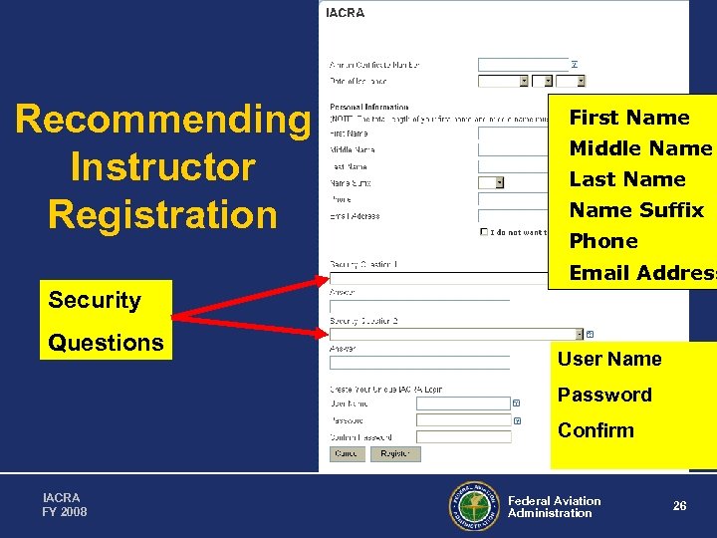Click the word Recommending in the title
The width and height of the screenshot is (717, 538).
point(162,120)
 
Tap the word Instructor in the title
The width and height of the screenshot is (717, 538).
point(162,166)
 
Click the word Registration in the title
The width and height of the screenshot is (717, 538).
point(162,214)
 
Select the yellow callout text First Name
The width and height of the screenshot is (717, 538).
point(629,118)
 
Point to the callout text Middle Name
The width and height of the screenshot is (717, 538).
point(640,148)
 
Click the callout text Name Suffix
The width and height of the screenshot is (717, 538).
point(636,210)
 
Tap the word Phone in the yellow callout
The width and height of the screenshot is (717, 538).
point(603,241)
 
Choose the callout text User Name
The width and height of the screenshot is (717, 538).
point(609,359)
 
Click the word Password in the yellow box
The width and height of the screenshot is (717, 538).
point(604,395)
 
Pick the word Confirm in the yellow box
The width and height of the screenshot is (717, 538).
point(596,430)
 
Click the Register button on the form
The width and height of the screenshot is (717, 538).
point(395,453)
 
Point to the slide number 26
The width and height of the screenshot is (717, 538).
point(679,506)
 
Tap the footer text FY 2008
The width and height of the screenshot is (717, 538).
point(65,512)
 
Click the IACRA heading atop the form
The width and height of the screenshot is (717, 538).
point(346,13)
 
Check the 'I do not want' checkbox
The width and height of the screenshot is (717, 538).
point(484,232)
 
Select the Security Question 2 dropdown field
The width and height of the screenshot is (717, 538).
point(455,334)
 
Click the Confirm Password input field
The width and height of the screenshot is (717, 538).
point(463,436)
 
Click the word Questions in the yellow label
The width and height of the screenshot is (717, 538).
point(106,343)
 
